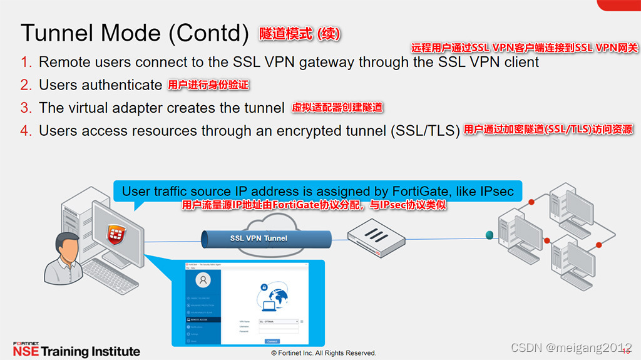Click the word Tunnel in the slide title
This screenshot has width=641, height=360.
click(x=55, y=33)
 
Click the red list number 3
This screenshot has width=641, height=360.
click(x=26, y=108)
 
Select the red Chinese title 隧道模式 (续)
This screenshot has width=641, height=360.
click(x=300, y=34)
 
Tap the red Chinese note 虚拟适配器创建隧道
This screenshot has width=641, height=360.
click(x=337, y=108)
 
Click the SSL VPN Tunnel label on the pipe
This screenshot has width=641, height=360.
click(x=259, y=238)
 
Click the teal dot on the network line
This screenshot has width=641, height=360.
click(x=489, y=235)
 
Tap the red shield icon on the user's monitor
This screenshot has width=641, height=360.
click(x=115, y=235)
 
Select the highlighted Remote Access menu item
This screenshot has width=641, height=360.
click(x=203, y=319)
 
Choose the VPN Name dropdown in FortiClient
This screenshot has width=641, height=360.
click(x=279, y=321)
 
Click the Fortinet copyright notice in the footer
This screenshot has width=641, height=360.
click(x=323, y=353)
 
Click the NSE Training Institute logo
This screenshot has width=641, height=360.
click(x=76, y=350)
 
